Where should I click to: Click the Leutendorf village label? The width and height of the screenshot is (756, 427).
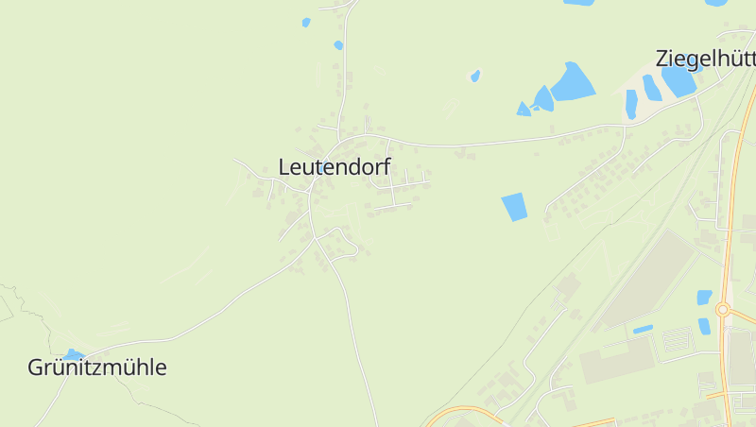click(335, 166)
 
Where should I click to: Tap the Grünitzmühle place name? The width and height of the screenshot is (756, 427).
click(97, 367)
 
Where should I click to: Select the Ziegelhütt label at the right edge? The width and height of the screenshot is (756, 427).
click(705, 59)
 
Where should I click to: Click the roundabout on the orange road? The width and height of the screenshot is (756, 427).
click(723, 309)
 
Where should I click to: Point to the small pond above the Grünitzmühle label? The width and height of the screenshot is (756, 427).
click(74, 354)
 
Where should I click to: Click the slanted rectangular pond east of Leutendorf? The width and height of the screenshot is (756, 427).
click(514, 206)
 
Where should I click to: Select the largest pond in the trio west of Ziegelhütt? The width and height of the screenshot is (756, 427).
click(572, 83)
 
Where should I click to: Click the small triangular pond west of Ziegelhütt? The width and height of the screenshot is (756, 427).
click(523, 110)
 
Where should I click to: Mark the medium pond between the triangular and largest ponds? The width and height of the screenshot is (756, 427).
click(543, 98)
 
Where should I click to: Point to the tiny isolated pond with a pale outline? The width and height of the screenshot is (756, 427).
click(475, 76)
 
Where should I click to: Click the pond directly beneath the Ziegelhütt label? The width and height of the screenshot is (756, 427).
click(678, 81)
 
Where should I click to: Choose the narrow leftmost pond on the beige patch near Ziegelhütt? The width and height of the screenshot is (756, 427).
click(631, 103)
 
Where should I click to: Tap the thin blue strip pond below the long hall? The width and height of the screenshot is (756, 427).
click(643, 329)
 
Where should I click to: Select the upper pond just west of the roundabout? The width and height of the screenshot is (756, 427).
click(704, 297)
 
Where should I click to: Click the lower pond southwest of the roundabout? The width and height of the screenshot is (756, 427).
click(704, 326)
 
